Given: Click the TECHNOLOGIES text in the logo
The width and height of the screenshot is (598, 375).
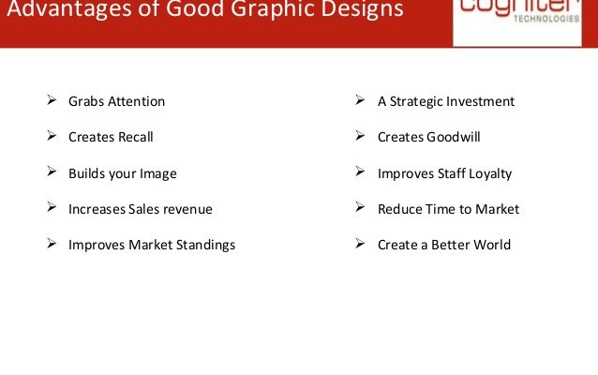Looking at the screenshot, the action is tap(546, 19).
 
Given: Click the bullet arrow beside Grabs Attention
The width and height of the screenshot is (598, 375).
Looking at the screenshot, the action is tap(52, 100).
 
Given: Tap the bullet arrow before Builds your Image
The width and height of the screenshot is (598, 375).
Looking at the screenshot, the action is tap(52, 172).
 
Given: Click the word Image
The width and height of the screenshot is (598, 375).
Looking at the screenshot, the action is tap(157, 174).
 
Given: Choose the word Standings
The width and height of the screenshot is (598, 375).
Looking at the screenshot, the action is tap(205, 245).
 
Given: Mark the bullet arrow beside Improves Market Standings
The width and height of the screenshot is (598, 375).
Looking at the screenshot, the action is tap(52, 243).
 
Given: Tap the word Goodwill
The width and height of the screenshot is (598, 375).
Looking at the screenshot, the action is tap(454, 137).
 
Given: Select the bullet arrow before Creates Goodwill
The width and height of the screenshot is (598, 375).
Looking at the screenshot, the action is tap(360, 135).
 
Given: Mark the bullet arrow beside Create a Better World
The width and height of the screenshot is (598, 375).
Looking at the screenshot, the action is tap(360, 243).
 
